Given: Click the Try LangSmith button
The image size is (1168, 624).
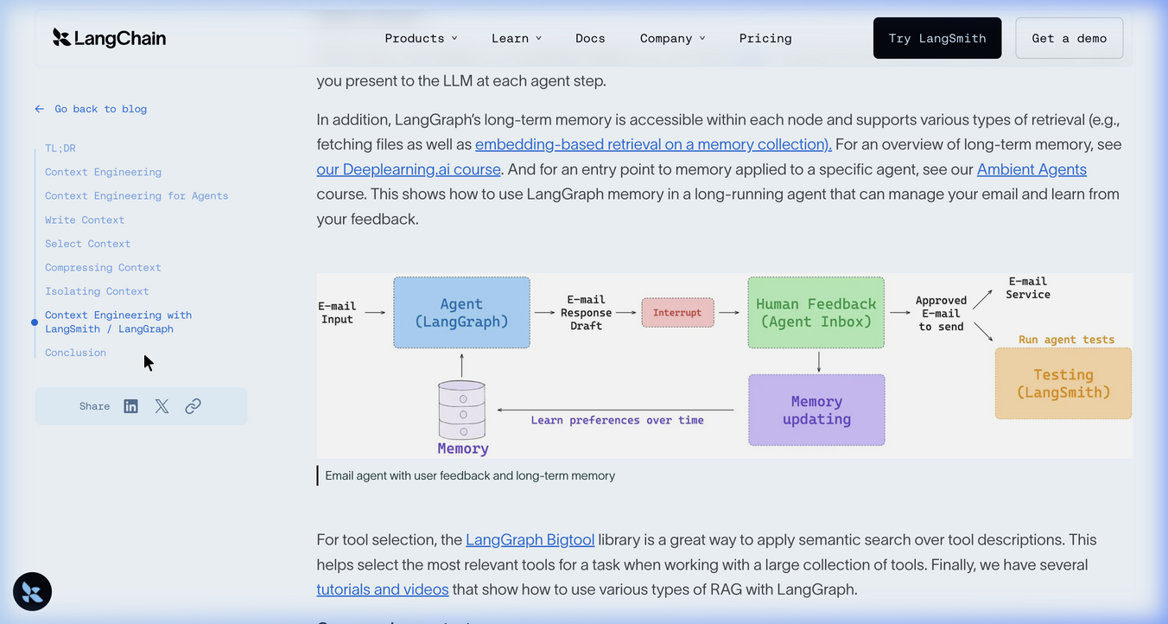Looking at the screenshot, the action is (x=937, y=38).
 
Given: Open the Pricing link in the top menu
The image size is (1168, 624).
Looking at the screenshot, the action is (x=765, y=38).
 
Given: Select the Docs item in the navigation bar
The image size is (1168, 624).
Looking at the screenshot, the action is (x=590, y=38).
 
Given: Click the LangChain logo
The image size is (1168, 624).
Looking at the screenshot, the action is (x=110, y=37).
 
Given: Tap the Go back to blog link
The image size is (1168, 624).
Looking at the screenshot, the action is (x=91, y=109).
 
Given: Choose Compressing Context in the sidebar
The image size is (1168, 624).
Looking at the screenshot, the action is (x=103, y=268).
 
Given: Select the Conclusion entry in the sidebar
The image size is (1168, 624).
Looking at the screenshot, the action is (x=75, y=353).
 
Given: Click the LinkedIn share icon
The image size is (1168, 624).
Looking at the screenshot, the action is (x=130, y=406).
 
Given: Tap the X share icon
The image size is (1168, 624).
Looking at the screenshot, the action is (x=162, y=406).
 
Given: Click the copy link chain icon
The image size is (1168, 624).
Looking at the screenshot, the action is (x=193, y=406).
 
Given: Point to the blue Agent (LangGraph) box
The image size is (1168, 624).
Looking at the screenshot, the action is (x=461, y=313).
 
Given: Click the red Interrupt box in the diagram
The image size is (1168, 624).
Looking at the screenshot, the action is (x=677, y=313).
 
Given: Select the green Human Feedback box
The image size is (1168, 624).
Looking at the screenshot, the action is (x=816, y=313).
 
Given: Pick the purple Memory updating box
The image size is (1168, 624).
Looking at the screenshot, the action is (x=816, y=410).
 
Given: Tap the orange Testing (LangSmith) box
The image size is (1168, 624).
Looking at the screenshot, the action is (x=1063, y=384).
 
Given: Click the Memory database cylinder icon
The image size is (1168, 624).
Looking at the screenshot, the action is (x=462, y=410).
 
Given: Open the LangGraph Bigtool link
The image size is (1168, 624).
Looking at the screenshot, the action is (x=530, y=539).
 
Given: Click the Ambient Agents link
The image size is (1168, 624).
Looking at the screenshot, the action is (x=1032, y=169).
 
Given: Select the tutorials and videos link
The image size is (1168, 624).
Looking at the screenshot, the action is (x=382, y=589).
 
